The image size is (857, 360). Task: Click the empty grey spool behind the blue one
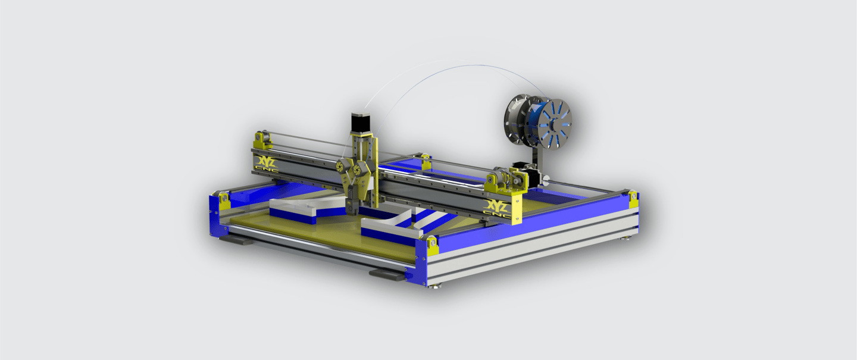[517, 119]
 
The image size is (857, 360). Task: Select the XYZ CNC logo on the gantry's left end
[267, 164]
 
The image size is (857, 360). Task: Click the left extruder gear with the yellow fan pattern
[340, 167]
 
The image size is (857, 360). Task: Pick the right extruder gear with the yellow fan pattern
[359, 170]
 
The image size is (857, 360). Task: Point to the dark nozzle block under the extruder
[352, 206]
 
